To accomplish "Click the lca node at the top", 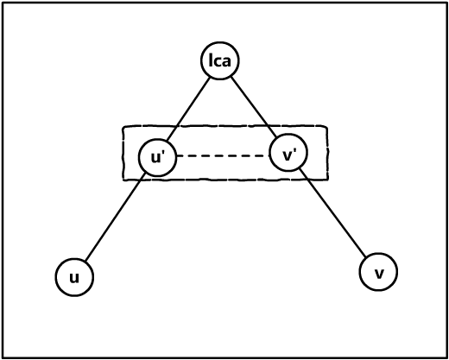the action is pyautogui.click(x=220, y=60).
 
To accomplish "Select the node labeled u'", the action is pyautogui.click(x=157, y=157).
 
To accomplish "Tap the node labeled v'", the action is pyautogui.click(x=288, y=152).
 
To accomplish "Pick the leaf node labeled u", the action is pyautogui.click(x=74, y=277).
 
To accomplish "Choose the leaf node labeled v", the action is pyautogui.click(x=378, y=272).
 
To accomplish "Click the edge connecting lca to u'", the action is pyautogui.click(x=188, y=110).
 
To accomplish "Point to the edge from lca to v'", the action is pyautogui.click(x=254, y=106).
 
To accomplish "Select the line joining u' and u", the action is pyautogui.click(x=115, y=217).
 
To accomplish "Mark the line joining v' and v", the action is pyautogui.click(x=332, y=212).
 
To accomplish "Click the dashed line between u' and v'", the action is pyautogui.click(x=223, y=156).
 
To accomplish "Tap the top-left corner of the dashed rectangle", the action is pyautogui.click(x=123, y=127).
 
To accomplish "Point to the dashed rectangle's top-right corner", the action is pyautogui.click(x=327, y=126).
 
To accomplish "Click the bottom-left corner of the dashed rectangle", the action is pyautogui.click(x=123, y=180).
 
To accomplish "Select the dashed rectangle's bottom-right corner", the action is pyautogui.click(x=328, y=180).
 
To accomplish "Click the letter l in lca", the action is pyautogui.click(x=211, y=60).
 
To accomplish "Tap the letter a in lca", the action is pyautogui.click(x=226, y=61).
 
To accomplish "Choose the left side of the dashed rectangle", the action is pyautogui.click(x=123, y=154).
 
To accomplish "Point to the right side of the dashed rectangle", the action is pyautogui.click(x=327, y=153).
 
